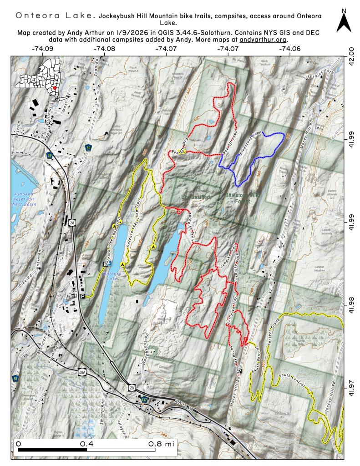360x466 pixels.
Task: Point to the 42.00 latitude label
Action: pos(350,55)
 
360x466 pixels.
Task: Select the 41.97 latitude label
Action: pos(350,390)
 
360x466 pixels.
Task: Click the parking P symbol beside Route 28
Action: pos(82,296)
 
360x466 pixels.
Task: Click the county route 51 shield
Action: pos(16,378)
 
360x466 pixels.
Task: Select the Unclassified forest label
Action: pos(195,197)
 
